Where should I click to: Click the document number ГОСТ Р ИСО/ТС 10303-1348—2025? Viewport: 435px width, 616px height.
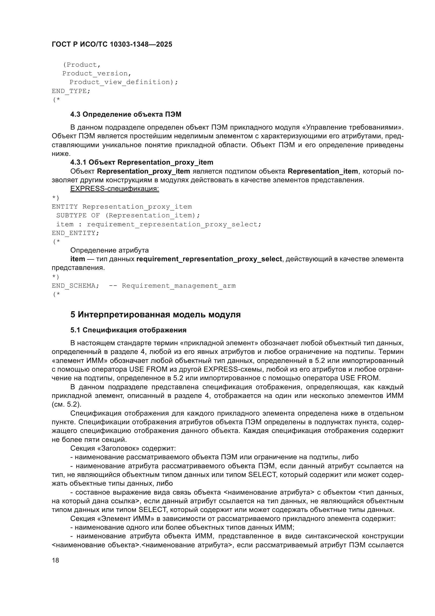point(112,45)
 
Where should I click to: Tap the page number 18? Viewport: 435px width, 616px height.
point(55,560)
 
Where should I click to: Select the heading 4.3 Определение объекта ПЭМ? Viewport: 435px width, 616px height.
point(126,115)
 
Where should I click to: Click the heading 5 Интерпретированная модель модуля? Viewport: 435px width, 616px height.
point(155,314)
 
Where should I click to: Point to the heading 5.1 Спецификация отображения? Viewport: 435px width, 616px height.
point(128,330)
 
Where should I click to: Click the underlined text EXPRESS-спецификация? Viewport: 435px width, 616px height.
point(115,189)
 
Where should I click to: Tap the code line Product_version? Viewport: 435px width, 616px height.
point(97,73)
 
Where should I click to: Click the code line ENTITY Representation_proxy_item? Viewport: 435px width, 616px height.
point(122,207)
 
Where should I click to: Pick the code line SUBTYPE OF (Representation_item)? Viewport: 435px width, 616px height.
point(128,215)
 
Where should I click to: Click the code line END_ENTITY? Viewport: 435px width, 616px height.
point(75,233)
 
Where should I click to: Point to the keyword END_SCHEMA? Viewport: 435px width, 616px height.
point(75,286)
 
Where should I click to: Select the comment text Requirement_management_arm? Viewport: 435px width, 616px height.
point(179,286)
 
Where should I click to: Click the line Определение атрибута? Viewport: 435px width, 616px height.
point(109,250)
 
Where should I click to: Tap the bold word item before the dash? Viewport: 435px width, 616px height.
point(77,259)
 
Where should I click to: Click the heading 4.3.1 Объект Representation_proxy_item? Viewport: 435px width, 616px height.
point(142,162)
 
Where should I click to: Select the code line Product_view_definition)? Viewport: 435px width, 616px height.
point(124,82)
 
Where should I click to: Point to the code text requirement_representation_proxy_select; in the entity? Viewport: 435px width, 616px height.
point(174,224)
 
